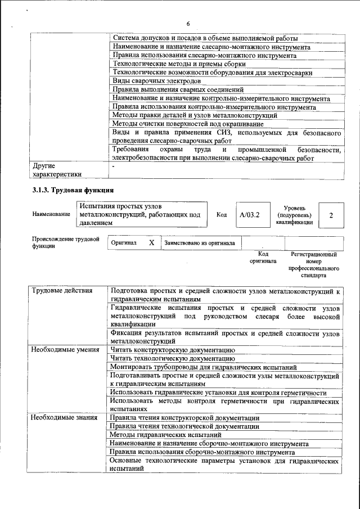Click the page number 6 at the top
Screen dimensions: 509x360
(188, 23)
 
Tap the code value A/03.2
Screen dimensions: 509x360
(249, 215)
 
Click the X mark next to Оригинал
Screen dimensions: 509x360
(151, 242)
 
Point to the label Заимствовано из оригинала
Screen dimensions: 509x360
(200, 243)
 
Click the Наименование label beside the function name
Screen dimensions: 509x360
(51, 215)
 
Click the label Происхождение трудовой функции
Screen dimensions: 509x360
(66, 242)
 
